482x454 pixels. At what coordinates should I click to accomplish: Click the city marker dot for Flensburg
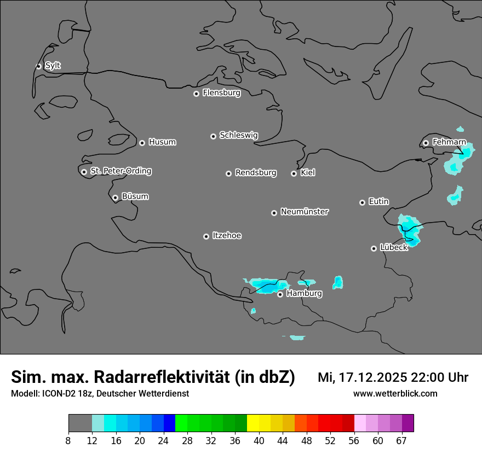coord(196,94)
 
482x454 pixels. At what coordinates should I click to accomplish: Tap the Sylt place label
coord(53,66)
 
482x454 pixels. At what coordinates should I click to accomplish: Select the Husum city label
coord(162,142)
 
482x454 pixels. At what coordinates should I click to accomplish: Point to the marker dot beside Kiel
coord(294,173)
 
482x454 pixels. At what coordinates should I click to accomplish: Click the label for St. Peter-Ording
coord(120,171)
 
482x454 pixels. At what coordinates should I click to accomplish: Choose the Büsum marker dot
coord(115,197)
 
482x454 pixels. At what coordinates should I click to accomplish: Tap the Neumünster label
coord(305,212)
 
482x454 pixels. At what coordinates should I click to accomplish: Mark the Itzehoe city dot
coord(206,236)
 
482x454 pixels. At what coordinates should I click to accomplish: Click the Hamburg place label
coord(304,294)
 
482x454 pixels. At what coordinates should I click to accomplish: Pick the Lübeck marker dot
coord(374,248)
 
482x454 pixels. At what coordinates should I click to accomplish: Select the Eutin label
coord(378,202)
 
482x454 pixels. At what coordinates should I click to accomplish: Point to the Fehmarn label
coord(449,142)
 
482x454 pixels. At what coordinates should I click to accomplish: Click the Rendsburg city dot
coord(228,173)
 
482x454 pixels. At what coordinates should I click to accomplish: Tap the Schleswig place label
coord(238,135)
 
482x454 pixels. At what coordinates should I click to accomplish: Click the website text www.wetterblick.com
coord(395,394)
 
